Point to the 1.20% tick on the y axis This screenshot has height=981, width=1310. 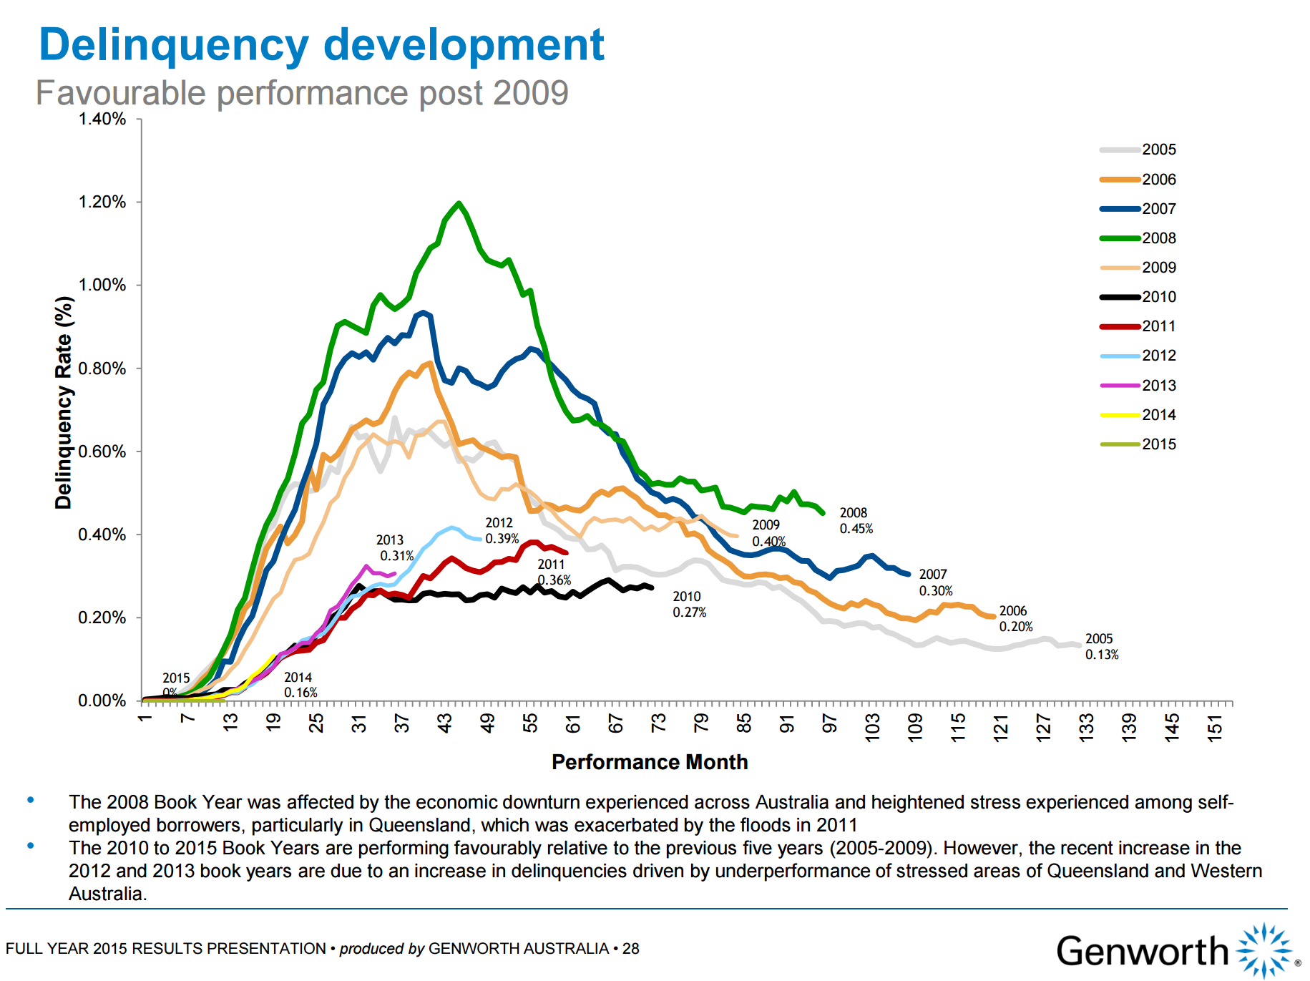tap(102, 202)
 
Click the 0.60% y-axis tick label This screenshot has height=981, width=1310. tap(102, 452)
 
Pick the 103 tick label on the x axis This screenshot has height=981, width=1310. tap(873, 728)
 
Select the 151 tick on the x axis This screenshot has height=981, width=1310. tap(1215, 728)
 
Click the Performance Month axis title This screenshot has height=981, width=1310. tap(650, 762)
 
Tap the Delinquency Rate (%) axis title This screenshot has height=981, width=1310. tap(64, 402)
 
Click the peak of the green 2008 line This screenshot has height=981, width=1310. tap(459, 203)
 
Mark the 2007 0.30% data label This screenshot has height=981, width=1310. tap(935, 582)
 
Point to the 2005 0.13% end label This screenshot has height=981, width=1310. tap(1101, 646)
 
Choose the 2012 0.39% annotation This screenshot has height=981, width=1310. tap(501, 531)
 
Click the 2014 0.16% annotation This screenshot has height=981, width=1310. tap(300, 685)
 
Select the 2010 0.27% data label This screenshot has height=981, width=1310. tap(688, 604)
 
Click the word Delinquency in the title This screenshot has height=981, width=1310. tap(174, 44)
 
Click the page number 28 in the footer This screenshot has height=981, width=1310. tap(630, 949)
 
